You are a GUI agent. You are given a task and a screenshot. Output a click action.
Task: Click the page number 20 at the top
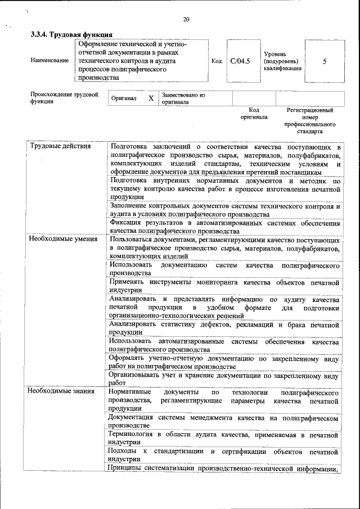coord(186,20)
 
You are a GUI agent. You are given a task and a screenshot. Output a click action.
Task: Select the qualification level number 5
coord(325,61)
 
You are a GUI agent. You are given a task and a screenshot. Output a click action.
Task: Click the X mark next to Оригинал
coord(151,98)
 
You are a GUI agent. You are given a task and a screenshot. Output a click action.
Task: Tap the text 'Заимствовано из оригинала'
coord(183,98)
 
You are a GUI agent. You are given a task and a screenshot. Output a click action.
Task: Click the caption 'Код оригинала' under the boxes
coord(254,113)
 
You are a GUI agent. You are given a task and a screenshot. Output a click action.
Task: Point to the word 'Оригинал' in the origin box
coord(124,98)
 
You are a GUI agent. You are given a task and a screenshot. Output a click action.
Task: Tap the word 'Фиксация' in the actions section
coord(126,223)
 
